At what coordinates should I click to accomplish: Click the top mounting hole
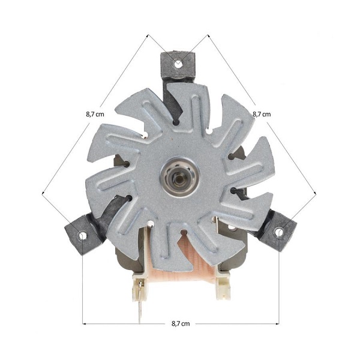pos(178,64)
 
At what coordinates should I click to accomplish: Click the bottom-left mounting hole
pos(82,236)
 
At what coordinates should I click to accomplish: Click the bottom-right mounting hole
pos(279,232)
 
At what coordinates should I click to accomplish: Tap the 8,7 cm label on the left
pos(95,114)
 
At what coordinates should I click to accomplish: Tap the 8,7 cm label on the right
pos(262,114)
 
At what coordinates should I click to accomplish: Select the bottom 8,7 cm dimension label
pos(181,324)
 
